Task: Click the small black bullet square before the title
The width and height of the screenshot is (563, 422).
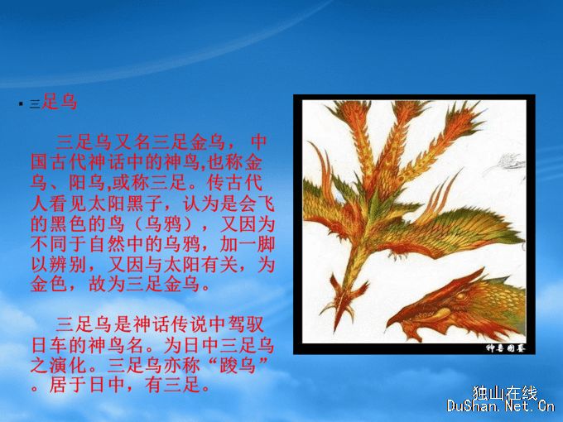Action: pos(21,104)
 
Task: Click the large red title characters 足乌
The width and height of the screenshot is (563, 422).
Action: pos(60,101)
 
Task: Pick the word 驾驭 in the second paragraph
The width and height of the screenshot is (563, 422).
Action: pos(247,324)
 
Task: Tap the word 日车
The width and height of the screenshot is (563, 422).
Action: pos(49,346)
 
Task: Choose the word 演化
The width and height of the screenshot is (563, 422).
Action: pos(68,366)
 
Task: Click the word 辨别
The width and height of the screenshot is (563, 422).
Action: pos(68,265)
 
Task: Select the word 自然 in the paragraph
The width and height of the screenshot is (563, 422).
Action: pos(107,245)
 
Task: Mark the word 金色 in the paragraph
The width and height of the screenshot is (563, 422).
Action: pos(49,285)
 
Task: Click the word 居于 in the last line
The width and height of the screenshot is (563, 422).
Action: pos(68,386)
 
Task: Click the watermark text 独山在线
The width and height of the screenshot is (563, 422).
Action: pos(504,393)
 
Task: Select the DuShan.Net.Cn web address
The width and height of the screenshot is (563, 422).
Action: pos(501,406)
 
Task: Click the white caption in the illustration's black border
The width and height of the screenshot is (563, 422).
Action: pos(506,348)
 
